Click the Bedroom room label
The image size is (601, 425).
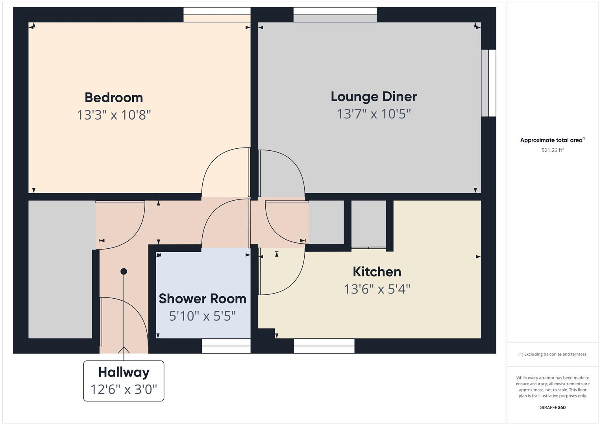click(x=114, y=98)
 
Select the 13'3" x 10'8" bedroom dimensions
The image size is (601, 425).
click(x=114, y=115)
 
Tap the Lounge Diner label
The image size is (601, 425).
click(x=374, y=97)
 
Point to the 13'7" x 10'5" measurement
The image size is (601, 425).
click(x=374, y=114)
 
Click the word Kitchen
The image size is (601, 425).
click(x=377, y=272)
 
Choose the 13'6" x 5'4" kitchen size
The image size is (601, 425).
click(x=377, y=289)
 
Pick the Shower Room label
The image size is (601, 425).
click(x=203, y=299)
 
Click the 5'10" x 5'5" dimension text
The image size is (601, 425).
click(x=203, y=316)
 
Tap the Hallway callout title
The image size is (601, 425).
click(x=124, y=372)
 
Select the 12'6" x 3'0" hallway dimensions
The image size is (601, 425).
click(x=124, y=389)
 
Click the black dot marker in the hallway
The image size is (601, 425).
click(x=124, y=272)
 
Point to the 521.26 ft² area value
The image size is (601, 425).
click(x=553, y=150)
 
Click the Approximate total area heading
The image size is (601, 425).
click(x=553, y=140)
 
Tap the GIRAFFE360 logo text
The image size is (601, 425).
click(x=553, y=407)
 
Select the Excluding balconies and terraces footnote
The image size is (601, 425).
click(x=553, y=354)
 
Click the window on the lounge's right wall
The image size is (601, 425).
click(x=488, y=83)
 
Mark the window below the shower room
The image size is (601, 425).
click(x=226, y=346)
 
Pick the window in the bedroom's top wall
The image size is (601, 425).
click(x=217, y=15)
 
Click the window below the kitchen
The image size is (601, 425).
click(x=324, y=346)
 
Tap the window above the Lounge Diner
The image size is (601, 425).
click(x=335, y=15)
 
